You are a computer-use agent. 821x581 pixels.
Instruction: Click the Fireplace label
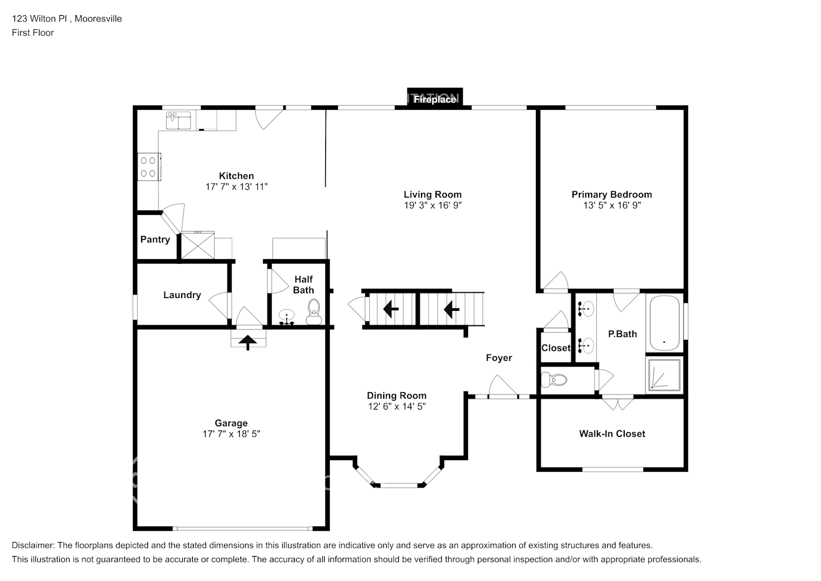click(434, 99)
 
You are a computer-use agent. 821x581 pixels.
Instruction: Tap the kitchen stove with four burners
click(148, 167)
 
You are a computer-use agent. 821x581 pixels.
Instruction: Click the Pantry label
click(155, 239)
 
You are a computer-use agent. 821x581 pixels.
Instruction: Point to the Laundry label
click(182, 295)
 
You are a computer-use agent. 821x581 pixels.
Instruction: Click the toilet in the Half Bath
click(314, 310)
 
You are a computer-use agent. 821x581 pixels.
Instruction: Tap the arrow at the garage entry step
click(248, 342)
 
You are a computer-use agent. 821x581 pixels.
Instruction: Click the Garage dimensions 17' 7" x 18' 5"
click(231, 434)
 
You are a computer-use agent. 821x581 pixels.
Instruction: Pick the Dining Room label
click(397, 396)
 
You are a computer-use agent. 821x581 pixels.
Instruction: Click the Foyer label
click(499, 358)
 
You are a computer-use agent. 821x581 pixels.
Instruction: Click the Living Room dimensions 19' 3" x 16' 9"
click(433, 206)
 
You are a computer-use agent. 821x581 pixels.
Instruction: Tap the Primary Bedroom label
click(611, 195)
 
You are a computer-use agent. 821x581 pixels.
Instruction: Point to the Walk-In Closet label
click(612, 433)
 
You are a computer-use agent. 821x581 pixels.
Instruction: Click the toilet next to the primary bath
click(554, 381)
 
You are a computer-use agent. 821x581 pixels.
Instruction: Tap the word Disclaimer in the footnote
click(33, 546)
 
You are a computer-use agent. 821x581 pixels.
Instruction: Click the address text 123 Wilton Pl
click(41, 19)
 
